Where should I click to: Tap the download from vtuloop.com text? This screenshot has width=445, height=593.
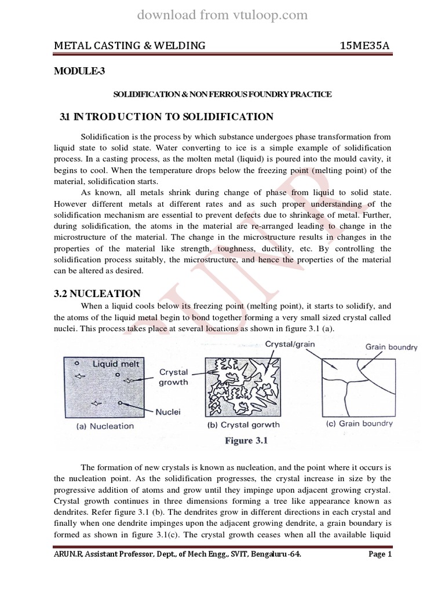(222, 15)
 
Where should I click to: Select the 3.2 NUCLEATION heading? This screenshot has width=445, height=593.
(97, 294)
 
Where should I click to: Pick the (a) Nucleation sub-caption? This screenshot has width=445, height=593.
(105, 426)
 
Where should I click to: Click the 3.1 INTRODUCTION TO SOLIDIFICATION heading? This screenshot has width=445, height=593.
(166, 117)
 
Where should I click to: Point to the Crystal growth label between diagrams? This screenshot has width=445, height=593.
(173, 378)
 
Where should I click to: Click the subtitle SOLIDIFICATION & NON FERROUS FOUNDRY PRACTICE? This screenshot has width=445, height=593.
(222, 94)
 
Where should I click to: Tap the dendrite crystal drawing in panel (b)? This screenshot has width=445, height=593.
(243, 385)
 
